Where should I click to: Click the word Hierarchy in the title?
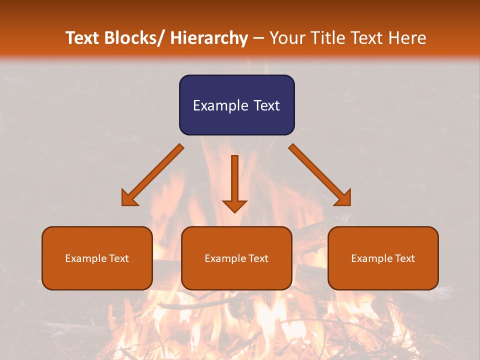pyautogui.click(x=209, y=38)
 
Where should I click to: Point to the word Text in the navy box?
pyautogui.click(x=265, y=106)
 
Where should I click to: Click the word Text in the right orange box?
pyautogui.click(x=405, y=258)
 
